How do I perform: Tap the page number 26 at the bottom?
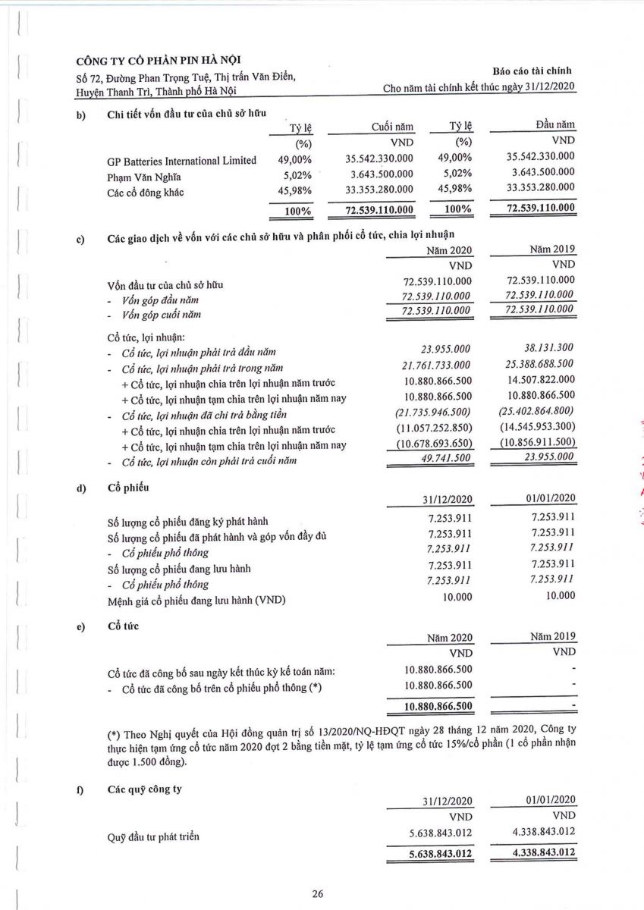coord(318,894)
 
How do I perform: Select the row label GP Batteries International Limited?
coord(182,160)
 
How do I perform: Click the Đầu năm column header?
coord(551,125)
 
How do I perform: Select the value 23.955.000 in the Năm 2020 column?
coord(446,349)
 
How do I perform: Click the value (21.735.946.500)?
coord(434,413)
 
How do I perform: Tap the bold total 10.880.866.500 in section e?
coord(429,706)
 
